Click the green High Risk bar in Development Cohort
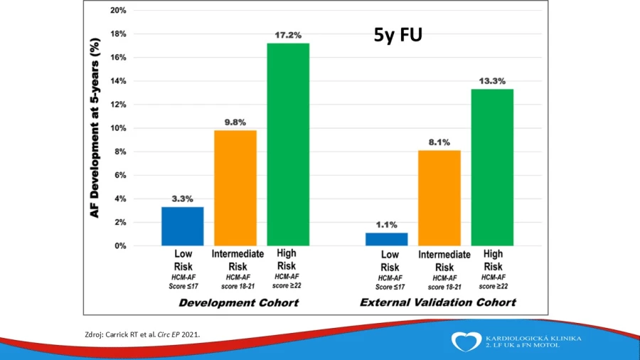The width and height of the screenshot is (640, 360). [x=288, y=144]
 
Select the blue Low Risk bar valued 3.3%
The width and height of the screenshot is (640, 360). [x=183, y=226]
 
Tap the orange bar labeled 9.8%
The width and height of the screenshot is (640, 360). [x=235, y=188]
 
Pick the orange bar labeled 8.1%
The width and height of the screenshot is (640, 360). [x=439, y=198]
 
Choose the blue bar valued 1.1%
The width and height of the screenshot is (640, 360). [x=387, y=239]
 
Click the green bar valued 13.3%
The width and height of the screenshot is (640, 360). [x=492, y=167]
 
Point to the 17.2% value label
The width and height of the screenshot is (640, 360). [x=288, y=35]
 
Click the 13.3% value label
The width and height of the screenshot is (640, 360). [x=492, y=81]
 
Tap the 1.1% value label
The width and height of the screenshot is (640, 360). [x=387, y=225]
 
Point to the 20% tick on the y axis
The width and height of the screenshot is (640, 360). [x=118, y=10]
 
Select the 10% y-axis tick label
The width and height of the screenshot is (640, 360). [x=118, y=128]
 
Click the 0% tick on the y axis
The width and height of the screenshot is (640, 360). [x=120, y=245]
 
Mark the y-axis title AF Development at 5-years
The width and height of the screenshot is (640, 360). [x=95, y=128]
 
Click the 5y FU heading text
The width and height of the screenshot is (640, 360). [x=398, y=35]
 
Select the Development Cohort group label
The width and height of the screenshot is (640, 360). [x=239, y=303]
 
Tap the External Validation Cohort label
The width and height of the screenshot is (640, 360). [x=437, y=302]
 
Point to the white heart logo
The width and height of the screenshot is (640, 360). [x=466, y=342]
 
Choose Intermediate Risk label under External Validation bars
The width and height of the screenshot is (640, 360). [x=444, y=261]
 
